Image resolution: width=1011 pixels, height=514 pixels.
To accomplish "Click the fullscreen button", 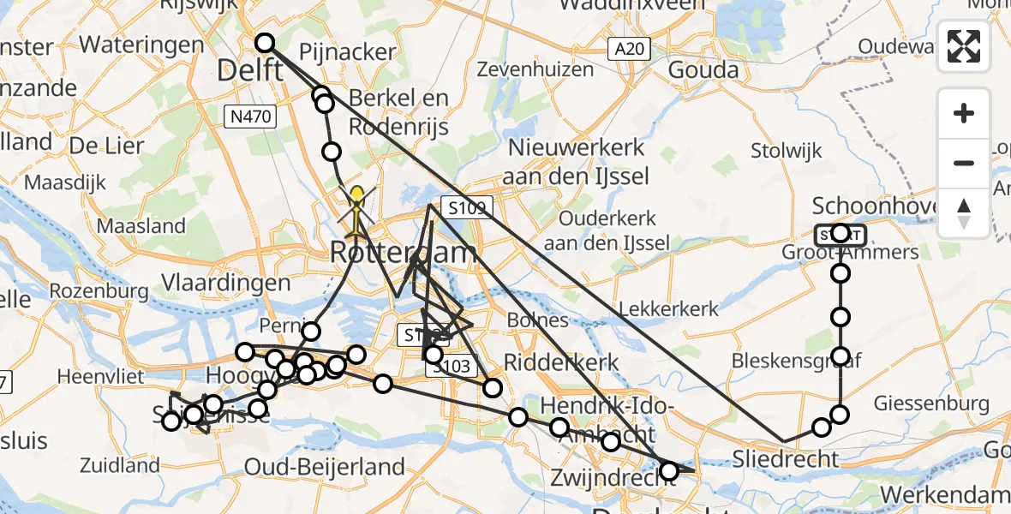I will [x=964, y=46].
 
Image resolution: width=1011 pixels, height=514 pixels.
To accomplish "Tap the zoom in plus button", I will [x=964, y=113].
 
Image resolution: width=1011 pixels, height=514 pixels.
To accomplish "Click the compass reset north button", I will [x=964, y=213].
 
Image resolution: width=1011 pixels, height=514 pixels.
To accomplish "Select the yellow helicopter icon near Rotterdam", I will [x=357, y=211].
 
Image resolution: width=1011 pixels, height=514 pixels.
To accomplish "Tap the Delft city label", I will [x=250, y=70].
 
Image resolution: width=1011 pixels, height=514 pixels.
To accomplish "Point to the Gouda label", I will [x=703, y=69].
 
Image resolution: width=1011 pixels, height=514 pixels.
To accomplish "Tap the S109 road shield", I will [x=468, y=207].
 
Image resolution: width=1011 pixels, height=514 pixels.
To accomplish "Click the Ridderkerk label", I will [x=560, y=362].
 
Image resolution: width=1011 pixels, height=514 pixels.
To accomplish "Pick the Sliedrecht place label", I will [x=787, y=459].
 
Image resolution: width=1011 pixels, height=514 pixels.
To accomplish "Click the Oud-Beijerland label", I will [x=325, y=467].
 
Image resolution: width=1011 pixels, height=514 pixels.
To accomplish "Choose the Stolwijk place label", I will [x=786, y=152].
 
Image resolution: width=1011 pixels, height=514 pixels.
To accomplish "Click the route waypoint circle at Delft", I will [x=264, y=43].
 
